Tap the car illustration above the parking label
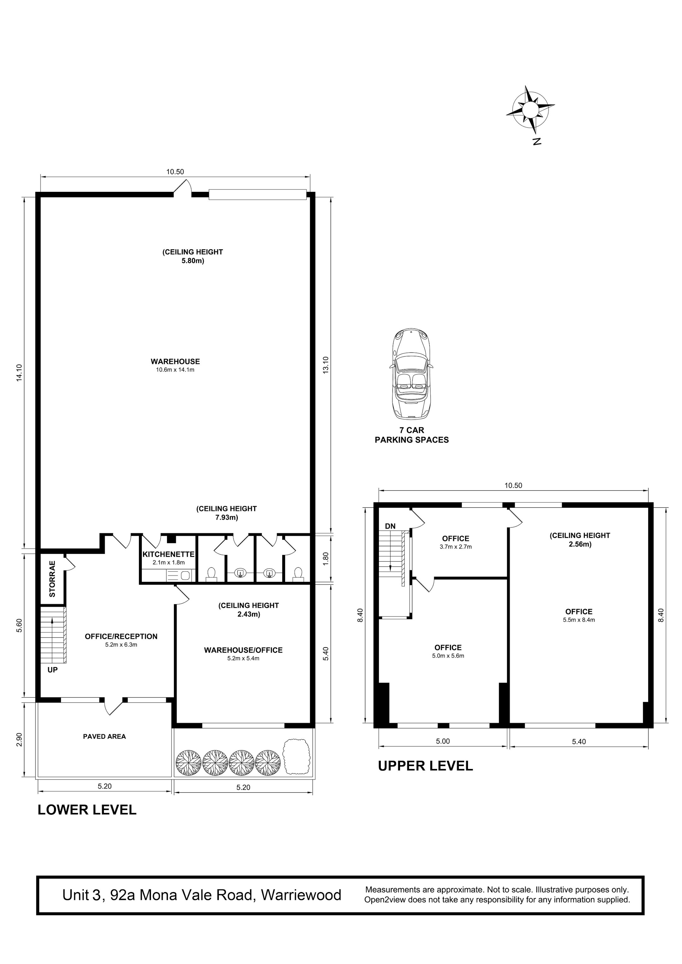(411, 374)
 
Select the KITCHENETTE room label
(169, 554)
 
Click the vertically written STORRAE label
(52, 579)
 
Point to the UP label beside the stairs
(52, 670)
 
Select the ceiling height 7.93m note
(226, 513)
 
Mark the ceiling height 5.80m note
(193, 256)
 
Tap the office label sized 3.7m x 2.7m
(456, 542)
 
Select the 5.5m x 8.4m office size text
(579, 620)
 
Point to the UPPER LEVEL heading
(425, 766)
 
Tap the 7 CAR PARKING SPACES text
(412, 435)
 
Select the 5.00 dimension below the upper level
(443, 742)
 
